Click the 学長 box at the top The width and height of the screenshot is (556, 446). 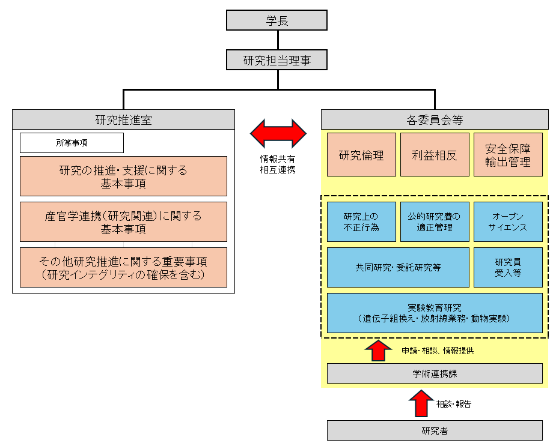click(276, 20)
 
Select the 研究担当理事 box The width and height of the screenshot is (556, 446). click(276, 60)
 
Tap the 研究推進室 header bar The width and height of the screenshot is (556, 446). click(123, 119)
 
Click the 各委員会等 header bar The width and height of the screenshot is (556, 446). click(435, 119)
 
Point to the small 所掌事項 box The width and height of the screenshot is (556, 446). click(72, 143)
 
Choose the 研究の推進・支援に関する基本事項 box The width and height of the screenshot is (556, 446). click(123, 176)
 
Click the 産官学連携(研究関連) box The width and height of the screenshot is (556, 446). click(123, 222)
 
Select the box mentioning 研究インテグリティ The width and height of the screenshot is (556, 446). click(123, 268)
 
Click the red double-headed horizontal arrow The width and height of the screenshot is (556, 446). click(278, 133)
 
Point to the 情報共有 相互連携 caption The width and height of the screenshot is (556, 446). click(278, 164)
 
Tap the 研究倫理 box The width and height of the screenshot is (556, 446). click(361, 155)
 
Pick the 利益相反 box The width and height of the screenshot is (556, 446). click(435, 155)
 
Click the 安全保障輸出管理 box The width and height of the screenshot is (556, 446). click(508, 155)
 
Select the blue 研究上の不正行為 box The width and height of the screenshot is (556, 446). click(361, 221)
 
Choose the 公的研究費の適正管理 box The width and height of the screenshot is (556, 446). click(435, 221)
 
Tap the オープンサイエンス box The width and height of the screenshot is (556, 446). click(508, 221)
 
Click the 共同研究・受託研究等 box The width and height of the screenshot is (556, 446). click(398, 267)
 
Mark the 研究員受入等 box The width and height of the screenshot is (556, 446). click(508, 267)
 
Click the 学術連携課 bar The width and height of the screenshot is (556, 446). click(435, 373)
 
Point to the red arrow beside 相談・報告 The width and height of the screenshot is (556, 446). click(421, 403)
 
